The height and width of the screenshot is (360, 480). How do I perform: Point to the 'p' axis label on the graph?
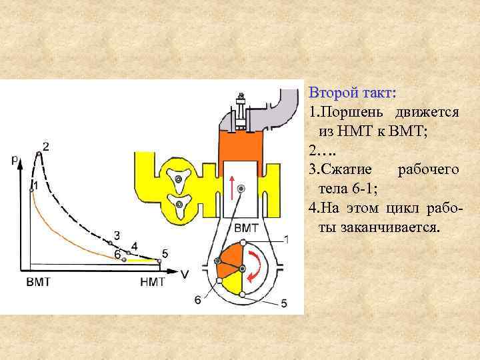click(15, 159)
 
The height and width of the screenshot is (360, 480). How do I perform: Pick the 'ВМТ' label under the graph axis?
click(38, 282)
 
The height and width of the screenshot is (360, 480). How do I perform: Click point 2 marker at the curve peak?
click(39, 154)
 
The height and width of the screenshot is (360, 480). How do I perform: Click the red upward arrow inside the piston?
click(232, 187)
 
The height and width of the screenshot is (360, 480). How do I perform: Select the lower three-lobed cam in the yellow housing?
click(178, 203)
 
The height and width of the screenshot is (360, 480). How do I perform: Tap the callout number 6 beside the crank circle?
click(197, 300)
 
